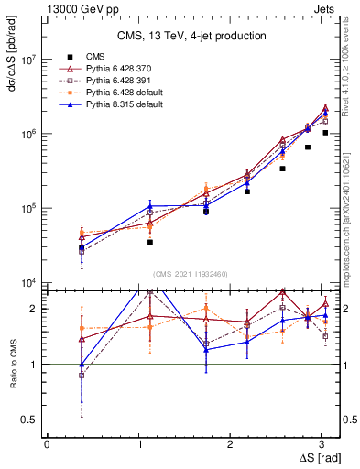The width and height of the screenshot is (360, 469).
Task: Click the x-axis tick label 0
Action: (x=47, y=443)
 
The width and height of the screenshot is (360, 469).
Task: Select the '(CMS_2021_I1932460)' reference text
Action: (x=191, y=274)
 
